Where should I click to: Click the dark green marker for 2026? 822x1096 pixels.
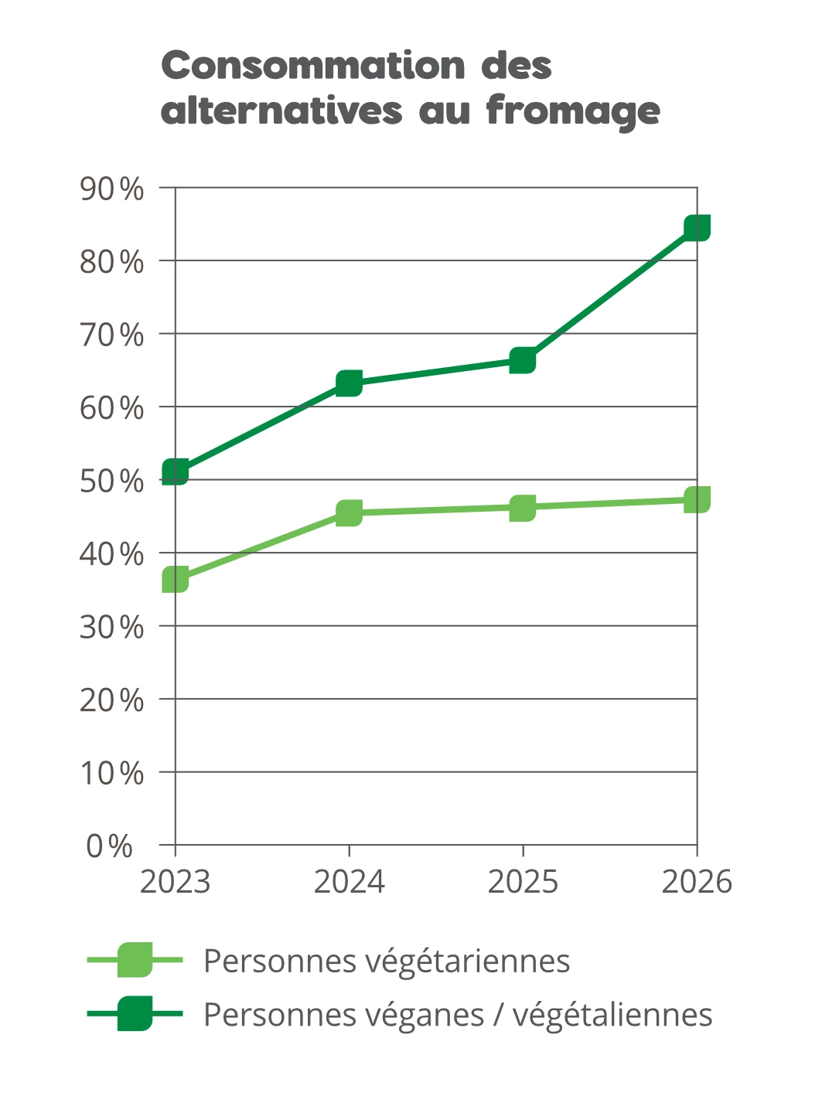coord(698,228)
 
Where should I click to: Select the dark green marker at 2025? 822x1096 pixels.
coord(523,360)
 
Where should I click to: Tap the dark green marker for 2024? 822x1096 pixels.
coord(349,383)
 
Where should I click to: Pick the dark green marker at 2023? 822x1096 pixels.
coord(176,471)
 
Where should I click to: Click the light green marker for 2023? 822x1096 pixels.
coord(176,579)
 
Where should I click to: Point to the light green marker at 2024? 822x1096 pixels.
coord(349,512)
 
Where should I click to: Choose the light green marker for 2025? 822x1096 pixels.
coord(523,508)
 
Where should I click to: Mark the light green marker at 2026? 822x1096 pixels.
coord(698,499)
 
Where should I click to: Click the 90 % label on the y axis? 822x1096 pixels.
coord(112,189)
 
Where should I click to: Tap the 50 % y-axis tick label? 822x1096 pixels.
coord(112,482)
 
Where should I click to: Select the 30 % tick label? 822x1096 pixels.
coord(112,627)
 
